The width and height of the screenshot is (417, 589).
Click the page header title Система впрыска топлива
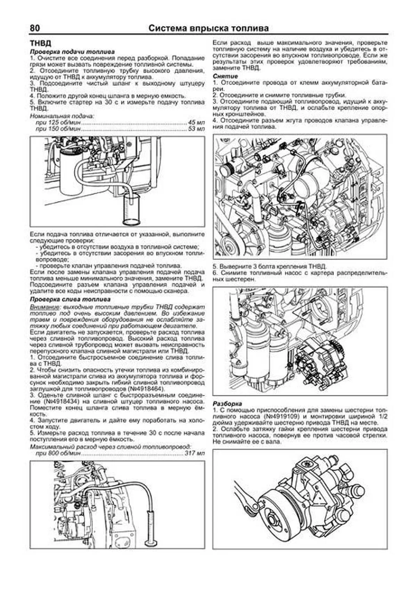click(x=208, y=28)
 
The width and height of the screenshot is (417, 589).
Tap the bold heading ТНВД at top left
click(x=40, y=43)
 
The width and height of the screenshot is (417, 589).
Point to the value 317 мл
click(x=195, y=453)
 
